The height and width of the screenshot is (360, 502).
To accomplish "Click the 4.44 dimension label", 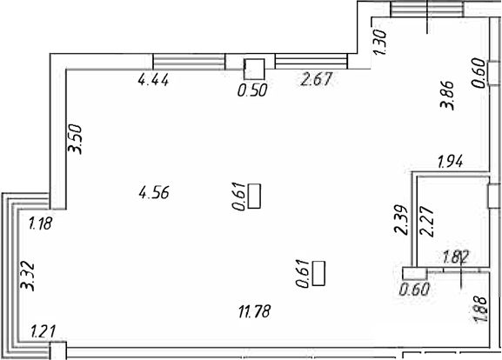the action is pos(153,80).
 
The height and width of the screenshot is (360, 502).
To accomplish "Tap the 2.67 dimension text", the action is pos(317,79).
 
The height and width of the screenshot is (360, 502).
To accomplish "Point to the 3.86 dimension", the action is pos(447,95).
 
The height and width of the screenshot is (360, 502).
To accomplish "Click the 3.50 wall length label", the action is pos(76,139).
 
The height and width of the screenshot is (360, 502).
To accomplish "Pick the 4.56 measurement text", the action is pos(154,193).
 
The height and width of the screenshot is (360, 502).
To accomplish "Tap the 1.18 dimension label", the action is pos(40,223).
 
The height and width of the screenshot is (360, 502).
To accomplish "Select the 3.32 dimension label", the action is pos(27,276).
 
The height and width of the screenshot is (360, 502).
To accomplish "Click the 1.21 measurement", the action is pos(44,331).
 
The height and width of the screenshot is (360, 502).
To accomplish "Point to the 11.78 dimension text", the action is pos(255,311).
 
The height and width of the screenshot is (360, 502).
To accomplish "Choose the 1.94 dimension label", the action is pos(451,161).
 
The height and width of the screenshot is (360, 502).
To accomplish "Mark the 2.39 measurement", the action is pos(401,220).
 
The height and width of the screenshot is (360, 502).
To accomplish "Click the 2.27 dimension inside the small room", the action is pos(427,222).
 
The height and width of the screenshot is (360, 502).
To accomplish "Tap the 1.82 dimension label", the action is pos(455,257).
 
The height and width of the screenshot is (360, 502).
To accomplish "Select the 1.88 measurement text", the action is pos(480,309).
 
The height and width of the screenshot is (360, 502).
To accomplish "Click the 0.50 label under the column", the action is pos(252,90).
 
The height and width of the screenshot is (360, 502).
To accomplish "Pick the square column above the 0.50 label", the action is pos(254,69).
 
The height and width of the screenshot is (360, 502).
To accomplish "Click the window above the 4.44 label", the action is pos(189,62).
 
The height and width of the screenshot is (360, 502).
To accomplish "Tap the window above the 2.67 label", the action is pos(311,62).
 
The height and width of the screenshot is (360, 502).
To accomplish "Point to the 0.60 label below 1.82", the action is pos(415,290).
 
